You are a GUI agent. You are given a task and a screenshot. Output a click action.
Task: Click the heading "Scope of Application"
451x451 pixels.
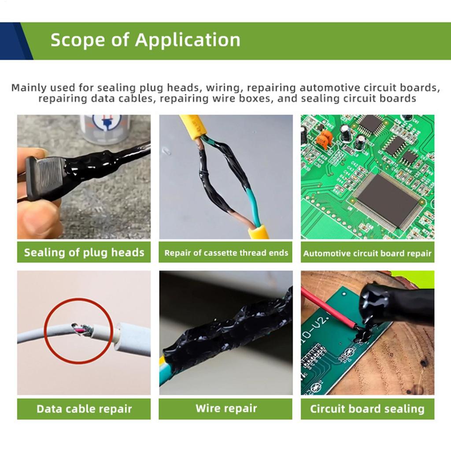145,40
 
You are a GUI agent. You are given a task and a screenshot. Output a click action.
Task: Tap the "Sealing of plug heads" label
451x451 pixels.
84,252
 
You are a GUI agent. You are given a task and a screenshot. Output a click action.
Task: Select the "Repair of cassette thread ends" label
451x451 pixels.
226,253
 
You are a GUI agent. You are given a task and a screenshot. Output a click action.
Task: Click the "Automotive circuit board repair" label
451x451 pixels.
367,253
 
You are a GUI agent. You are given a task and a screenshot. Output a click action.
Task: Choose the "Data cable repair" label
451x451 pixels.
84,409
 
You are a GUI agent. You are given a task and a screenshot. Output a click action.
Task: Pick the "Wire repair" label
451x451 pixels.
226,408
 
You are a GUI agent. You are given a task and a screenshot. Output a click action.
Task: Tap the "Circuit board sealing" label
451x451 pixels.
367,409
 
